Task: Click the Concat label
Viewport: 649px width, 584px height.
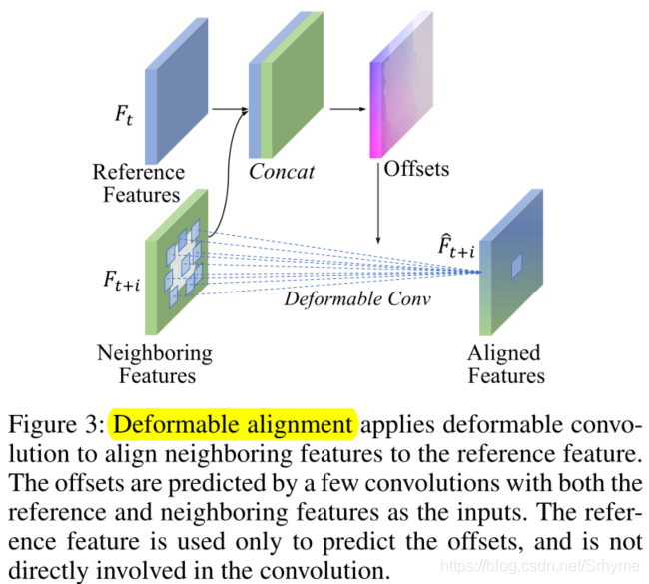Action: pos(282,171)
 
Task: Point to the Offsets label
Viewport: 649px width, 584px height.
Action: pos(416,168)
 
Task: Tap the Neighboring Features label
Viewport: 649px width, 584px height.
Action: pos(155,364)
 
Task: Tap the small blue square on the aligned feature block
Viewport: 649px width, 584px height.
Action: pos(516,265)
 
